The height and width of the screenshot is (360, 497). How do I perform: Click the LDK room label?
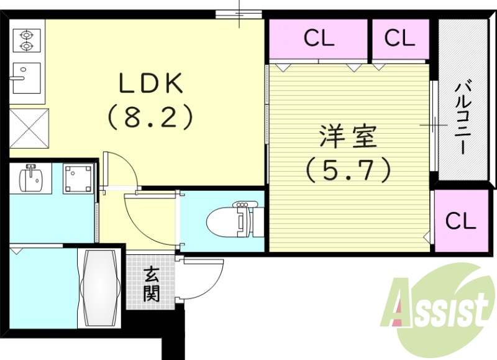click(x=151, y=83)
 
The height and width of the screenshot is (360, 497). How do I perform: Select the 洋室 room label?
click(x=349, y=136)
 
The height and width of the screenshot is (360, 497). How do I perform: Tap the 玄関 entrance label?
click(x=151, y=284)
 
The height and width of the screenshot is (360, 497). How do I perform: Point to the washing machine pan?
click(x=78, y=180)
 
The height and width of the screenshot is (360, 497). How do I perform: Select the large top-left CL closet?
click(x=319, y=38)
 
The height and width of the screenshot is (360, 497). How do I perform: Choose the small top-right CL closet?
click(x=399, y=38)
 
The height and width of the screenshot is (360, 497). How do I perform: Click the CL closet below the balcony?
click(x=461, y=220)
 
